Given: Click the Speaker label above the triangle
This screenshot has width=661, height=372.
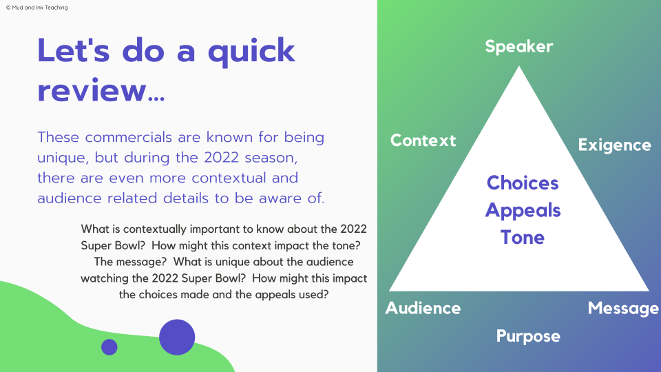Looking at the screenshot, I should click(518, 47).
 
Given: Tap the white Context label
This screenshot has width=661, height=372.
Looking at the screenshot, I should click(423, 141).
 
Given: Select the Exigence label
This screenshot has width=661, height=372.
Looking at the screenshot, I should click(614, 145).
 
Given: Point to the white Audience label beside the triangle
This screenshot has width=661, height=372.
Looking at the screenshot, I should click(423, 308).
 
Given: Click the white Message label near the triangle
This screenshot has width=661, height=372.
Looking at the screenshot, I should click(623, 308).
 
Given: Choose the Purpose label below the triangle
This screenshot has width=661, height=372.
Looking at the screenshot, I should click(528, 336).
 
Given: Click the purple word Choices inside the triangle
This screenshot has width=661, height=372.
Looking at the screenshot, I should click(523, 183).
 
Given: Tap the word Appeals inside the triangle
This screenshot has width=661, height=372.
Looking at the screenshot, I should click(523, 210).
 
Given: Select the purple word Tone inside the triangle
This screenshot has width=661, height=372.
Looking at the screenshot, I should click(523, 238).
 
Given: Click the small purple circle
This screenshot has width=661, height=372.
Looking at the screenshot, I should click(109, 347).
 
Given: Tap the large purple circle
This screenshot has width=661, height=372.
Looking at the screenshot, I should click(177, 337).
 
